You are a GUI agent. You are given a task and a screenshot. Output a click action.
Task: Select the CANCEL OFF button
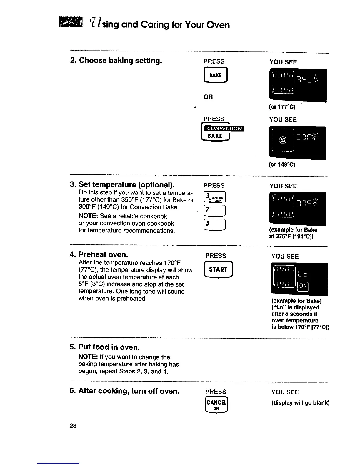216,405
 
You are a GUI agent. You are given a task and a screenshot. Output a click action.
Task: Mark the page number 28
73,426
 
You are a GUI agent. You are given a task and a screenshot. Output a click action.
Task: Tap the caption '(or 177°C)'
282,107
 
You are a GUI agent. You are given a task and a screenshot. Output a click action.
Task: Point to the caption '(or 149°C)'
282,164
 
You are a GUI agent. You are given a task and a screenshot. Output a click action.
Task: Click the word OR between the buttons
208,97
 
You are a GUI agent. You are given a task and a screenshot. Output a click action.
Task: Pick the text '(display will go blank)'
300,403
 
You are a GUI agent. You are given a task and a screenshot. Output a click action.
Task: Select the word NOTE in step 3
86,216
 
